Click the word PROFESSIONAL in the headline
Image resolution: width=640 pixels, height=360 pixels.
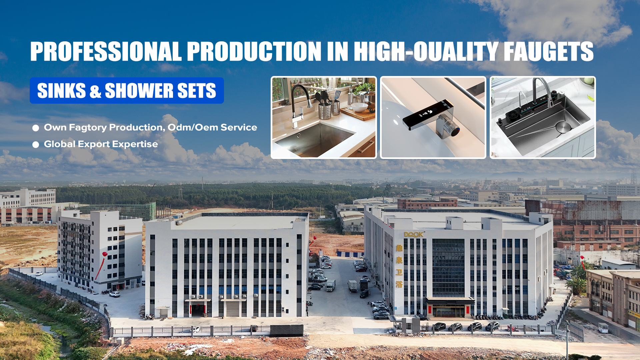coord(106,51)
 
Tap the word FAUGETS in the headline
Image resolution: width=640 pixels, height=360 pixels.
coord(548,51)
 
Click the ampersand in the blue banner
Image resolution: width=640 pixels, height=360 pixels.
coord(95,91)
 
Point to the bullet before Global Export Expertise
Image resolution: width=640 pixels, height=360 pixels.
coord(36,145)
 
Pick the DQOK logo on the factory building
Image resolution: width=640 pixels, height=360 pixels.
coord(414,234)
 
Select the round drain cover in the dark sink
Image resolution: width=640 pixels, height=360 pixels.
coord(563,127)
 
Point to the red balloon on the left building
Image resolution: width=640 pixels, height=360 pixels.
coord(105,255)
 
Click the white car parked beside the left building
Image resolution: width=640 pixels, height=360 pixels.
coord(115,294)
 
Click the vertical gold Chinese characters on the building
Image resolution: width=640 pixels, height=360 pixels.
coord(399,266)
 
